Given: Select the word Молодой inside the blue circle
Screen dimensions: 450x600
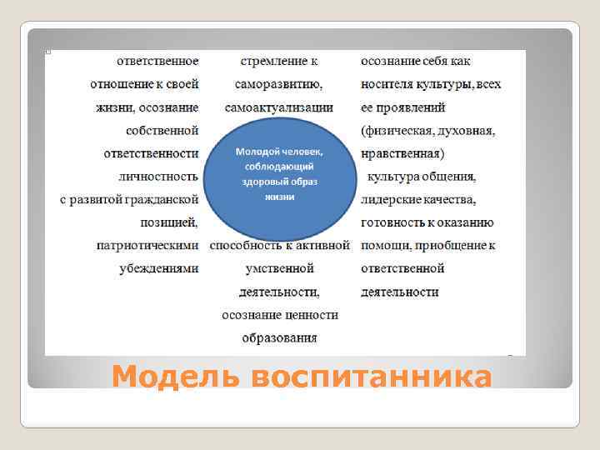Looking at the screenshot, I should point(257,152).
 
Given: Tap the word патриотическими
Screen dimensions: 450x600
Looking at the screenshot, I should point(147,246).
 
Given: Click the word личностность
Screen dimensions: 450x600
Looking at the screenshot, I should point(157,177).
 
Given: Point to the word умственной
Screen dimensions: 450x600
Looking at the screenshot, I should point(280,268).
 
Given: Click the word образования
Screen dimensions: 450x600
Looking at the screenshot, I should point(280,337).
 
